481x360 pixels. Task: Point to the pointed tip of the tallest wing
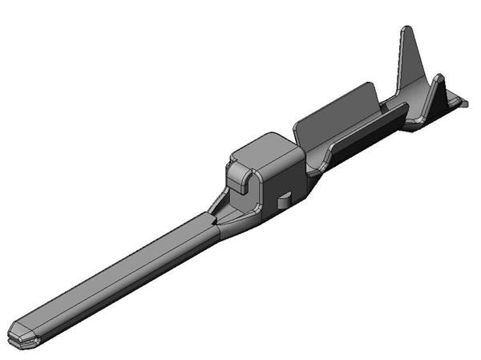tap(407, 30)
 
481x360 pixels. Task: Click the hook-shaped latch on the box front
tap(240, 177)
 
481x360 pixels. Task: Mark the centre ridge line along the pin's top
tap(112, 273)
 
